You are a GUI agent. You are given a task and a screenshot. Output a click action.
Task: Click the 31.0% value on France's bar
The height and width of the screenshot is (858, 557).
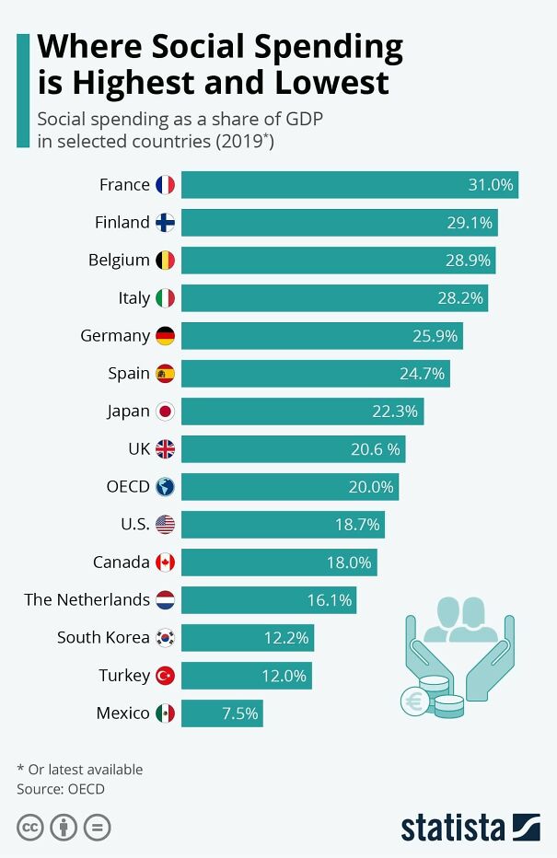click(x=490, y=185)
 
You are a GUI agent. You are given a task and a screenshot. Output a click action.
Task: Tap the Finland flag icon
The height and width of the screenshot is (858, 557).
click(x=165, y=223)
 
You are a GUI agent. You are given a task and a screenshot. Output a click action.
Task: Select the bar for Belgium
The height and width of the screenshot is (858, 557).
click(x=338, y=261)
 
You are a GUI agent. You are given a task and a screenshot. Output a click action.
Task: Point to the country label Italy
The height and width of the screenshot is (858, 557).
click(x=133, y=298)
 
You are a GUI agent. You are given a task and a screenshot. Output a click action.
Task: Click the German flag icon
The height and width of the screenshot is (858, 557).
click(x=165, y=336)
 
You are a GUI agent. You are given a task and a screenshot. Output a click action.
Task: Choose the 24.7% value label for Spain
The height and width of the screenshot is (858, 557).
click(x=422, y=374)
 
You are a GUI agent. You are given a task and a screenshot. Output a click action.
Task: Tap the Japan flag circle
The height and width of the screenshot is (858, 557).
click(x=165, y=412)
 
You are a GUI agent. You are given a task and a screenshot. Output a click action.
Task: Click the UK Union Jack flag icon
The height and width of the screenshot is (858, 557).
click(x=165, y=449)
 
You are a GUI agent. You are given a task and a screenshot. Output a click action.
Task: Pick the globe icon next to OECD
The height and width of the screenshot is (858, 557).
click(x=165, y=487)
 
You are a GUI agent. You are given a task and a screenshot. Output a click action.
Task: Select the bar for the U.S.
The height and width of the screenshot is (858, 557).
click(x=283, y=525)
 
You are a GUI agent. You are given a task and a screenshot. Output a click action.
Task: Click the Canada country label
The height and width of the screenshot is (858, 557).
click(x=121, y=562)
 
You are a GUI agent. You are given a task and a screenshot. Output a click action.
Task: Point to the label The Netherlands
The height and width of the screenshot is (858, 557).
click(x=87, y=600)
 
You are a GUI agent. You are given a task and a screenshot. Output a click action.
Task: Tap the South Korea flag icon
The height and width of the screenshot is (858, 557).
click(x=165, y=638)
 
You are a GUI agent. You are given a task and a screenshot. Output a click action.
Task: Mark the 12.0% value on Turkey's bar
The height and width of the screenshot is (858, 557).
click(x=284, y=676)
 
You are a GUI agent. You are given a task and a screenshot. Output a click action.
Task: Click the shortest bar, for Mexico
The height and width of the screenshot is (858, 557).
click(x=222, y=713)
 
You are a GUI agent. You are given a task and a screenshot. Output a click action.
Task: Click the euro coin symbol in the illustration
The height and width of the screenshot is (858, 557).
click(x=413, y=701)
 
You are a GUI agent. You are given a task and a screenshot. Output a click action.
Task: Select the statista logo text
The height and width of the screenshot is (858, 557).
click(x=452, y=827)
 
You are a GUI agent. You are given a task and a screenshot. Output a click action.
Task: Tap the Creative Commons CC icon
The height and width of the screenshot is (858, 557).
click(x=30, y=828)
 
